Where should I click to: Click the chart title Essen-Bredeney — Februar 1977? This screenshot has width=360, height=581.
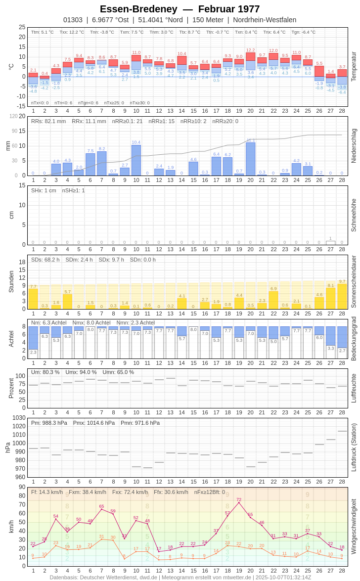(180, 9)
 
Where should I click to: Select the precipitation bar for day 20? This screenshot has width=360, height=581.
(250, 159)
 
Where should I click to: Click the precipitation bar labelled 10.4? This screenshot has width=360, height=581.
(136, 160)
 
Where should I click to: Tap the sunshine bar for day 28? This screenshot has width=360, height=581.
(342, 296)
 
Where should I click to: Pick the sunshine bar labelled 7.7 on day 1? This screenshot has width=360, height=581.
(33, 299)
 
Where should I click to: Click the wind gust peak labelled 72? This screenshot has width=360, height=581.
(239, 503)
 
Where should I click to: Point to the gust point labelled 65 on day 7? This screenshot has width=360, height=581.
(101, 509)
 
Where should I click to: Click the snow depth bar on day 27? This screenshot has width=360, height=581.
(330, 243)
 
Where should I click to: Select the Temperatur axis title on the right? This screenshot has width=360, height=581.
(354, 67)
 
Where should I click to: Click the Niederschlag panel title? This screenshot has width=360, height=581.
(354, 146)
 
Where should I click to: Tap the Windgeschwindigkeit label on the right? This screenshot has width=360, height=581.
(354, 526)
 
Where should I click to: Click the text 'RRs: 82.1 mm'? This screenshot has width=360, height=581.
(48, 121)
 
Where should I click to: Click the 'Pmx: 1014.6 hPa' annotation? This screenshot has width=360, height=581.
(94, 423)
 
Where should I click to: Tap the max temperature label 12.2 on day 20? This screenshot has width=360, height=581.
(250, 50)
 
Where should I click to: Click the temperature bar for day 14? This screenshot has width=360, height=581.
(182, 64)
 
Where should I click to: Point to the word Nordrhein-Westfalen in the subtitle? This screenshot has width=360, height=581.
(265, 20)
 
